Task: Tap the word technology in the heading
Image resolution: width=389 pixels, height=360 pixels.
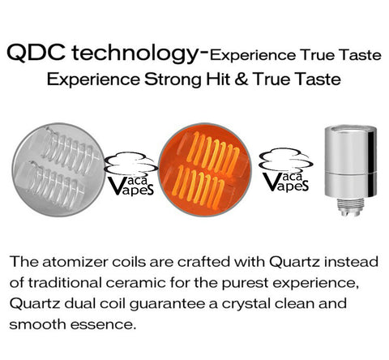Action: click(135, 54)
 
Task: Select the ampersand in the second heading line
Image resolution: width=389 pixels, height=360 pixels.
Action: click(242, 79)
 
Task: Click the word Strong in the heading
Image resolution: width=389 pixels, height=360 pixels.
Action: click(173, 79)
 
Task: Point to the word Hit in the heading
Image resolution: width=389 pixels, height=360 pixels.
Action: click(218, 79)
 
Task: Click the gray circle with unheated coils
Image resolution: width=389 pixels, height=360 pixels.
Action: click(58, 169)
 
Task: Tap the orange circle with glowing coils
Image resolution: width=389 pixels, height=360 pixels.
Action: click(205, 169)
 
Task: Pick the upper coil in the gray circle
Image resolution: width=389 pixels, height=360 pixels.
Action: click(71, 150)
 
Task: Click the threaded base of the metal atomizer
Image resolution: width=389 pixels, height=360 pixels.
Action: click(351, 208)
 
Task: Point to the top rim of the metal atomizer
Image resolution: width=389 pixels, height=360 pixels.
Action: click(351, 129)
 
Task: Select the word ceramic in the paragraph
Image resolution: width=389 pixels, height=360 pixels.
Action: click(135, 283)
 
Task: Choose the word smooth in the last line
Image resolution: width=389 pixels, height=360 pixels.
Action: click(37, 324)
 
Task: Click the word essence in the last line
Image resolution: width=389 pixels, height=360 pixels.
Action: click(103, 325)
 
